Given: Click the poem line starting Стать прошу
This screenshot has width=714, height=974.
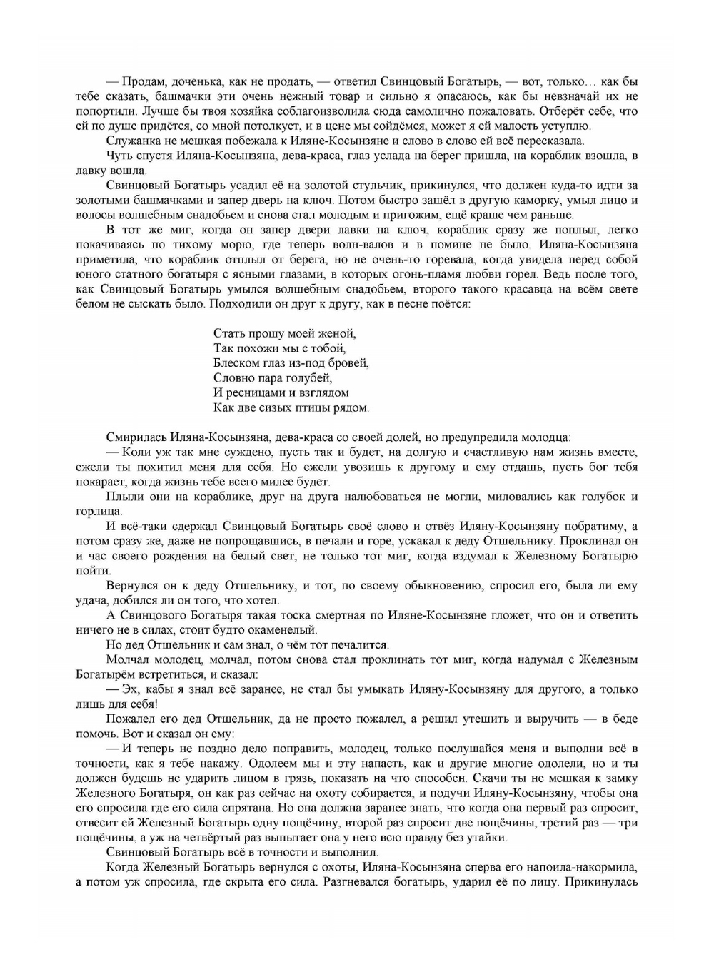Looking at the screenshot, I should (284, 333).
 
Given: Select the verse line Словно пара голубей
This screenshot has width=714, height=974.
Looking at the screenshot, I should (273, 377).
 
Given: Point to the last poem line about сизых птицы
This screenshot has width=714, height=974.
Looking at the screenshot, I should (291, 407).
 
